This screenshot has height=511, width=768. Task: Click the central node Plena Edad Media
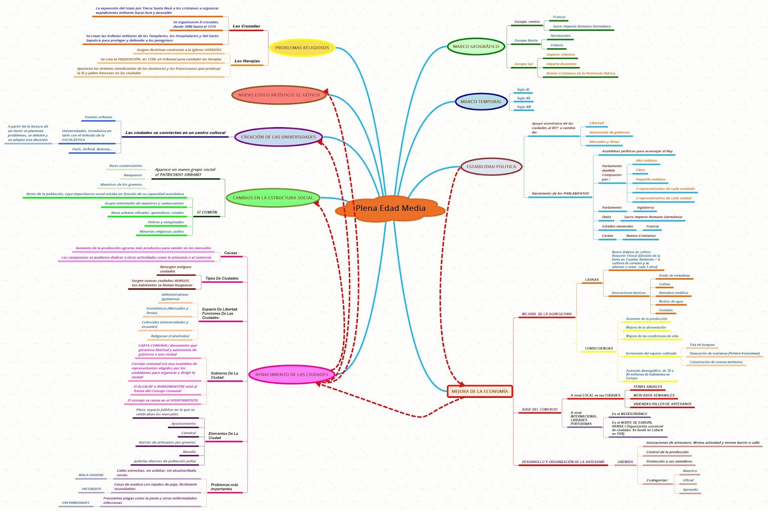tap(390, 208)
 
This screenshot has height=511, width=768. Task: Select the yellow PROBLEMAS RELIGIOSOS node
tap(302, 48)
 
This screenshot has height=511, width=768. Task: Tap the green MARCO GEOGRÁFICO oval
tap(476, 47)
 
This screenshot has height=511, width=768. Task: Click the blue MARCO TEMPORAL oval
tap(481, 102)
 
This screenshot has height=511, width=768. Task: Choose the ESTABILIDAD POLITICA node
tap(491, 167)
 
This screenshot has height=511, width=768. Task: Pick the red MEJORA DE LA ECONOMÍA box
tap(480, 392)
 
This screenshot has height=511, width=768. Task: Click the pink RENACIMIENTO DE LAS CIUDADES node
tap(291, 375)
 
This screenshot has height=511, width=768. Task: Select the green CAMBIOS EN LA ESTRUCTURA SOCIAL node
tap(273, 198)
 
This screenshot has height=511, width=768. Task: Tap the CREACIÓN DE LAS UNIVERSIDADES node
tap(278, 137)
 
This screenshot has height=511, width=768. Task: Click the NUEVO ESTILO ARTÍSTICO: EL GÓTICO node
tap(278, 95)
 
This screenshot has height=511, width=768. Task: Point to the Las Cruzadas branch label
tap(246, 26)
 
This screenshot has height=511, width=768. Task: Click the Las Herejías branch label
tap(247, 61)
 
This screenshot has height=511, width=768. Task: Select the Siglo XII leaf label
tap(523, 98)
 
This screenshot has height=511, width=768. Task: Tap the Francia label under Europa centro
tap(559, 17)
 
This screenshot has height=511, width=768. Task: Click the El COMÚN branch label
tap(207, 212)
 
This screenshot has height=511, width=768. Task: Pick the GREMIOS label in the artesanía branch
tap(625, 462)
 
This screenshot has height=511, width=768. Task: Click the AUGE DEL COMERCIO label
tap(540, 410)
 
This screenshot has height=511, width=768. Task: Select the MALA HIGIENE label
tap(91, 475)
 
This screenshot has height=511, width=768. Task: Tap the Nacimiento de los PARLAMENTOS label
tap(560, 194)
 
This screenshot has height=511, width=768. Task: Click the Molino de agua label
tap(671, 302)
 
